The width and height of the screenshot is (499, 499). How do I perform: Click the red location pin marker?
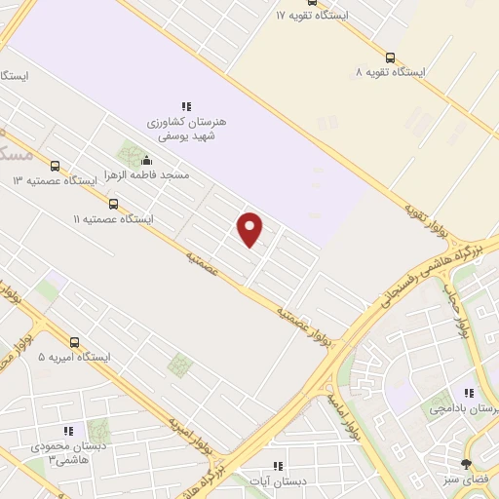(x=250, y=228)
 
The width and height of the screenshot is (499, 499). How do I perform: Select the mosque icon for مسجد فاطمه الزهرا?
(x=147, y=160)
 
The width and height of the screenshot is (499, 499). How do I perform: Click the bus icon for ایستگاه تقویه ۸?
(x=391, y=58)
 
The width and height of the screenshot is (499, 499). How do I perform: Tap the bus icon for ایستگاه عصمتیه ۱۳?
(x=55, y=166)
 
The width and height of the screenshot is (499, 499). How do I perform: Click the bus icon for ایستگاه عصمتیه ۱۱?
(x=114, y=204)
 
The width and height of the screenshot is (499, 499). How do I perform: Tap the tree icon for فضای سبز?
(x=466, y=464)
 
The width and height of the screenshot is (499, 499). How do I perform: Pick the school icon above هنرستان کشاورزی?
(x=185, y=106)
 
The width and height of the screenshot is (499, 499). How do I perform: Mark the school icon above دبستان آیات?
(x=278, y=466)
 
